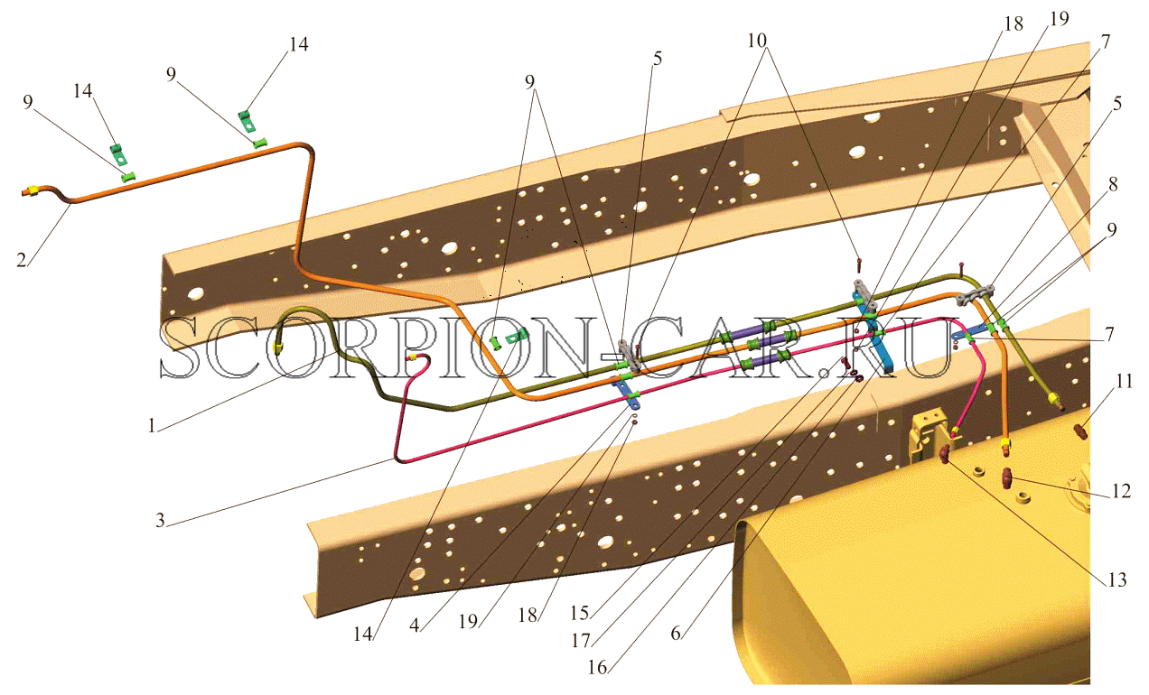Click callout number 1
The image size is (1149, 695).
click(x=152, y=425)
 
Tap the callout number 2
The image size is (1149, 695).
click(x=22, y=260)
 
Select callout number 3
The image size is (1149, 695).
click(x=160, y=520)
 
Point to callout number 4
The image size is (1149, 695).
click(x=415, y=625)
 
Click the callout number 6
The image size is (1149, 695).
click(x=676, y=634)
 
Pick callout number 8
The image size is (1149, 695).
click(x=1113, y=184)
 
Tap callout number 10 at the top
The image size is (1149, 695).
click(x=757, y=41)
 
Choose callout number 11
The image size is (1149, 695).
click(x=1125, y=381)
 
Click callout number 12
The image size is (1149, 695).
click(x=1121, y=491)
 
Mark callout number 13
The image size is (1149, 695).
click(x=1117, y=579)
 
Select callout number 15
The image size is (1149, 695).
click(x=580, y=613)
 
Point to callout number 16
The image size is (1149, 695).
click(x=598, y=667)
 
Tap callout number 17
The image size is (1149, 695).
click(x=581, y=641)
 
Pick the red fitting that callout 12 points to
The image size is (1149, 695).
click(x=1006, y=478)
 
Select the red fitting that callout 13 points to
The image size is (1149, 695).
click(x=944, y=455)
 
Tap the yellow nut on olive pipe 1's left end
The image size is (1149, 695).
click(x=278, y=348)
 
